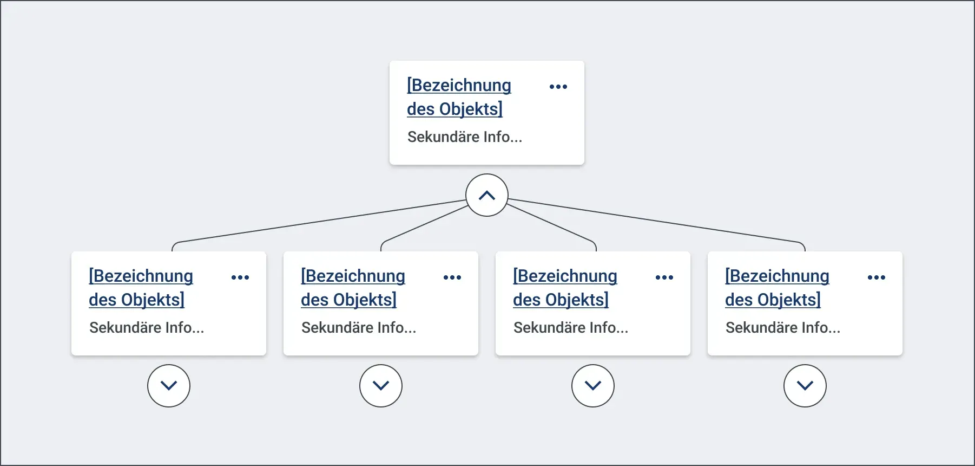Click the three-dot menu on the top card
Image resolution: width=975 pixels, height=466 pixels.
[x=558, y=87]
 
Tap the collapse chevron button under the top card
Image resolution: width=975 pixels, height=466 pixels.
[x=487, y=195]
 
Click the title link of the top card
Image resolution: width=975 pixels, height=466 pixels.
[x=459, y=97]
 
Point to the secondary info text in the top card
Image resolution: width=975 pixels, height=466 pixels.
[x=465, y=137]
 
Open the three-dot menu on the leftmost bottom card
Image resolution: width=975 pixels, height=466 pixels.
[x=240, y=277]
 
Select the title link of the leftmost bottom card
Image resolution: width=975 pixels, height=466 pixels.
[x=141, y=288]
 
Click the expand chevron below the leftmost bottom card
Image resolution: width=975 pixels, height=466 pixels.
[x=169, y=386]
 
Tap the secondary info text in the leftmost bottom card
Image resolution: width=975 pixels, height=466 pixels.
[x=147, y=327]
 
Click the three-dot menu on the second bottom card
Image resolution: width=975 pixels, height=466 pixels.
[x=452, y=277]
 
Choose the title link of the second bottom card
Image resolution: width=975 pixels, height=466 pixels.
[x=353, y=288]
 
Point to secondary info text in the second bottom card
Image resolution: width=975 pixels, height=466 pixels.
[x=359, y=327]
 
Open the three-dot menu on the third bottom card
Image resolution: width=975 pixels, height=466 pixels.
[x=664, y=277]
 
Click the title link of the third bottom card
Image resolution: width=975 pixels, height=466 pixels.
[x=565, y=288]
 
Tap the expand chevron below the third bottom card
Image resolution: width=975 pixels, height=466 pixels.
[x=593, y=386]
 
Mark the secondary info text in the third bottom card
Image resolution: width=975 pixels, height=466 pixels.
[x=571, y=327]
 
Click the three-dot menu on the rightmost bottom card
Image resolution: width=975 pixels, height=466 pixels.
[x=877, y=277]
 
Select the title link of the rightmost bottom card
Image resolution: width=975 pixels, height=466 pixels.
[x=777, y=288]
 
